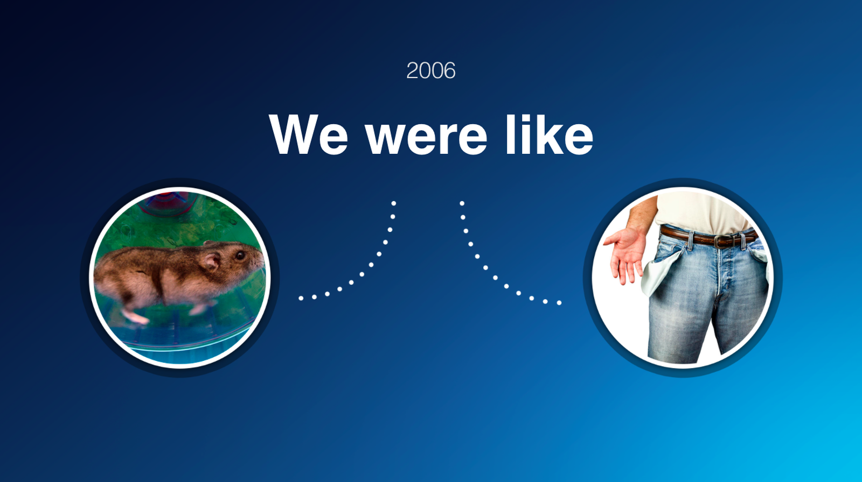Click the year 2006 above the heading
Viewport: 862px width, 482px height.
(x=430, y=70)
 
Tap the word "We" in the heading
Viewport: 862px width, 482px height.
(x=308, y=134)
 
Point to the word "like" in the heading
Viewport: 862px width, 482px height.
(x=549, y=134)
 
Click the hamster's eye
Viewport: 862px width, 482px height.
(x=240, y=255)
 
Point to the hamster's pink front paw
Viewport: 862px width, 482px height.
(x=135, y=317)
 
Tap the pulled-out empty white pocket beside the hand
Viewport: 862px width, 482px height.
(x=658, y=275)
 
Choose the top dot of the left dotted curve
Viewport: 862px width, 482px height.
(x=394, y=203)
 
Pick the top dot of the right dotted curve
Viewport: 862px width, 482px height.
(x=462, y=203)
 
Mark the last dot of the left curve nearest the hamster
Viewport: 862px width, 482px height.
(x=301, y=298)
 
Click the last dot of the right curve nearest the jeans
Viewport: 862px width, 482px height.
(x=559, y=303)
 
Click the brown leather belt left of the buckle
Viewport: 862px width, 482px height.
(x=686, y=235)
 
